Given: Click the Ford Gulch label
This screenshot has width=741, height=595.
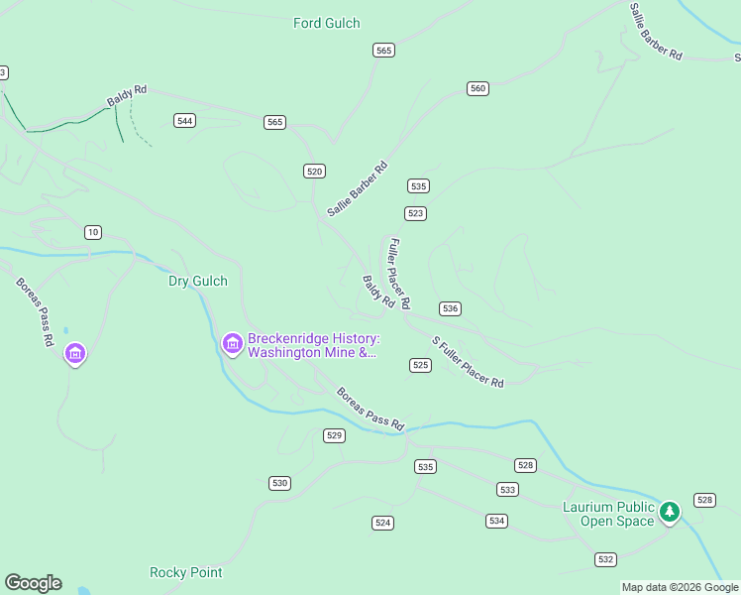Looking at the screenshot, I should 326,23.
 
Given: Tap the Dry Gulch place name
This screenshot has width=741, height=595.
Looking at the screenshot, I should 197,281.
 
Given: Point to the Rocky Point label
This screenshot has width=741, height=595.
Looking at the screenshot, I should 185,572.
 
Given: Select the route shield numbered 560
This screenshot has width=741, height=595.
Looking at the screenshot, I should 478,88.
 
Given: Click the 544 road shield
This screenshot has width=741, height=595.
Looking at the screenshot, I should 184,120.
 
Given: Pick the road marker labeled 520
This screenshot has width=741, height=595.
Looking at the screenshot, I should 315,171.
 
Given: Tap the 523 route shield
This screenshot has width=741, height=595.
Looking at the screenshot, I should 415,213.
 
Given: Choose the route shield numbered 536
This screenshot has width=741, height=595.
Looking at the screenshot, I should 450,308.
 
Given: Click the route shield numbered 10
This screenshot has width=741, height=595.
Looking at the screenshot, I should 92,232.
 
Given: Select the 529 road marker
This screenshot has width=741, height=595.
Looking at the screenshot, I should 334,435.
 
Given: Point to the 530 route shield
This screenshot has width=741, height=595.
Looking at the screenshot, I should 279,483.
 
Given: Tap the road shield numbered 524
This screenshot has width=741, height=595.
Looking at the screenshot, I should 383,522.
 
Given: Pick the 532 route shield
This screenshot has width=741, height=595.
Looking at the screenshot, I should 606,559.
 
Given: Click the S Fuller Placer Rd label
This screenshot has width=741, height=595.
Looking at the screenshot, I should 468,362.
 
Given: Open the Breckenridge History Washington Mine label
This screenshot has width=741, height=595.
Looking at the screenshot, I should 312,345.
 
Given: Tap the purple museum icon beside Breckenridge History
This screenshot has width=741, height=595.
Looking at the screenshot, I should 233,344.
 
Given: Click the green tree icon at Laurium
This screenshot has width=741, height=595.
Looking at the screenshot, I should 671,512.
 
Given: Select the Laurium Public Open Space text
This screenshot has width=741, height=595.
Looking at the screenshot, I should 609,514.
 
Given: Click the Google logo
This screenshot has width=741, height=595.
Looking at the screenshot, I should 33,583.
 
